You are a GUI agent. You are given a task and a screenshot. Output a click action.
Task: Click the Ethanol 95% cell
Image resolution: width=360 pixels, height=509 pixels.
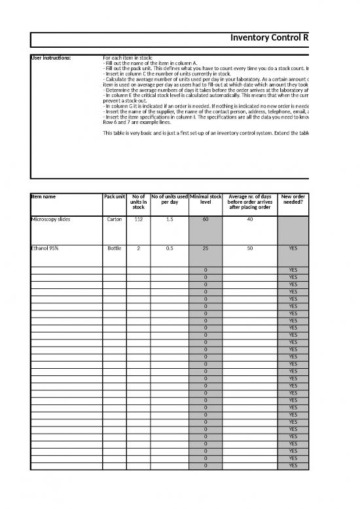46,249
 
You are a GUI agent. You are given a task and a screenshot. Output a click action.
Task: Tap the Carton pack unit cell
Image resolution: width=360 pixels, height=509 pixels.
115,220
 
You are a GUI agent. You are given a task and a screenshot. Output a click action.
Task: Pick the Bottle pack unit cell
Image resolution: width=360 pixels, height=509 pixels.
115,249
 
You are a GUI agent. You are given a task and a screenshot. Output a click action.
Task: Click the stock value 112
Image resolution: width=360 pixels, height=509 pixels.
138,220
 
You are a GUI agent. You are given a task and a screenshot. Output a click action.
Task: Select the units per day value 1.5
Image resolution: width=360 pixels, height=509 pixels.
170,220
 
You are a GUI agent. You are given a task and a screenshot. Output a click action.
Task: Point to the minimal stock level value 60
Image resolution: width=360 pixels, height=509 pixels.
206,220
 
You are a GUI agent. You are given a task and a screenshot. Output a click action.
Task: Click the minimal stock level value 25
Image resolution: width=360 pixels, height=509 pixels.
206,249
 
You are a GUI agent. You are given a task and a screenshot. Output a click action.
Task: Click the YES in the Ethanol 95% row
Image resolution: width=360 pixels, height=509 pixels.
293,249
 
